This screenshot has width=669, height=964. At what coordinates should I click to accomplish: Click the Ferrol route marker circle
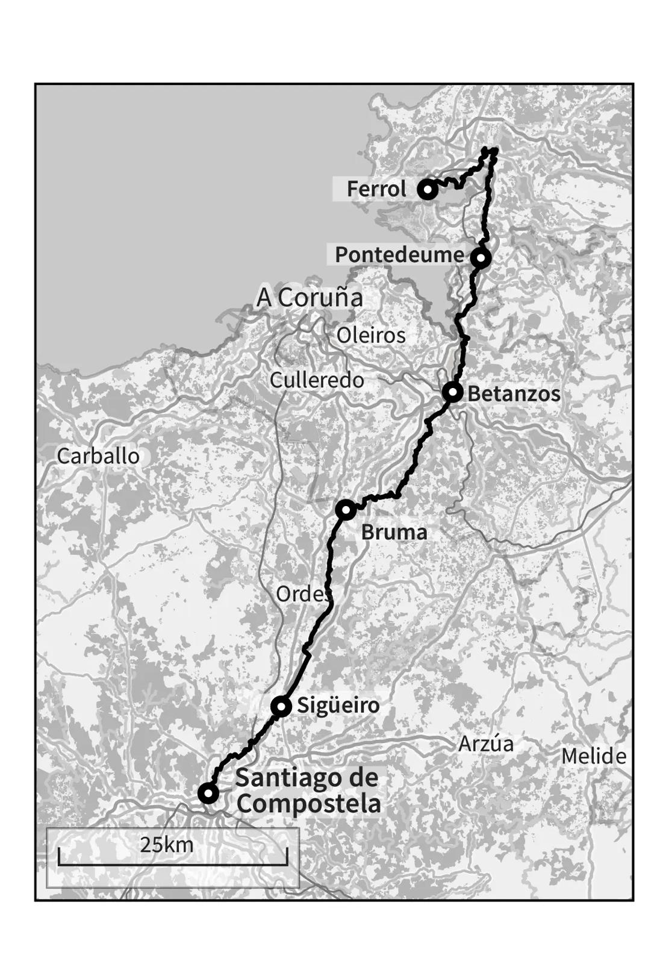(428, 190)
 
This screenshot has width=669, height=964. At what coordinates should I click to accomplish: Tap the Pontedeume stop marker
(481, 258)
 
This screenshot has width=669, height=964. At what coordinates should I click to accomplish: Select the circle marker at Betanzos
(452, 392)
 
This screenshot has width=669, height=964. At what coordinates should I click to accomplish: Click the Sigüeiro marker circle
(281, 706)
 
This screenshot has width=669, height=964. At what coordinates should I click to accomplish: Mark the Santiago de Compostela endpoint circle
(208, 793)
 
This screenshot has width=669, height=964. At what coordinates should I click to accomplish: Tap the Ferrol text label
(376, 189)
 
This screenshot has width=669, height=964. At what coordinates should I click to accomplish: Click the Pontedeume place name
(399, 254)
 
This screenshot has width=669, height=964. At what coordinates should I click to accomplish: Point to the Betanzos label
(514, 394)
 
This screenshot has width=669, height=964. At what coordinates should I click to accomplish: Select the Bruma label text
(394, 532)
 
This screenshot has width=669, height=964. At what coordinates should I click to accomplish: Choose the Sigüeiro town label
(338, 705)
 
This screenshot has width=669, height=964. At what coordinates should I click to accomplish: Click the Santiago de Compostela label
(307, 790)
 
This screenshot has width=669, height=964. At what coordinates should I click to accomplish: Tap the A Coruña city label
(310, 298)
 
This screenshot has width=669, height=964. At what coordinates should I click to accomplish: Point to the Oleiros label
(371, 335)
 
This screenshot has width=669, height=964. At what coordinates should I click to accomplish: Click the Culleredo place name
(317, 380)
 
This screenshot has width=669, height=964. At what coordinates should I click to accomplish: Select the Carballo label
(98, 456)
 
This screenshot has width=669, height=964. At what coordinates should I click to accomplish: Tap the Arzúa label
(486, 744)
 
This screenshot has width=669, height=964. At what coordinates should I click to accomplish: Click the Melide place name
(594, 756)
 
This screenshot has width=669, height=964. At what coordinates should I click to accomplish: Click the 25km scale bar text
(167, 845)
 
